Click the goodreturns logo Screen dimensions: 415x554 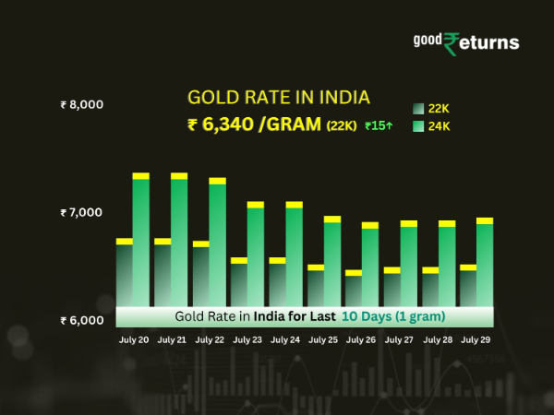465,42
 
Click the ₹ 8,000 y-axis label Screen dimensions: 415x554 81,104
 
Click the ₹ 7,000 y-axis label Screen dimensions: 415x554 81,213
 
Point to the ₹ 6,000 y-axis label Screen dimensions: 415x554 81,321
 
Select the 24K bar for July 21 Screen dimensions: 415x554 179,240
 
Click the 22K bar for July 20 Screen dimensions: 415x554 124,272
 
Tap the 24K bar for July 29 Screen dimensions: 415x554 485,262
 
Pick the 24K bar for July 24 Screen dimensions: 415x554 294,254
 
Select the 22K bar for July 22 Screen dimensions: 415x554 200,274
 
